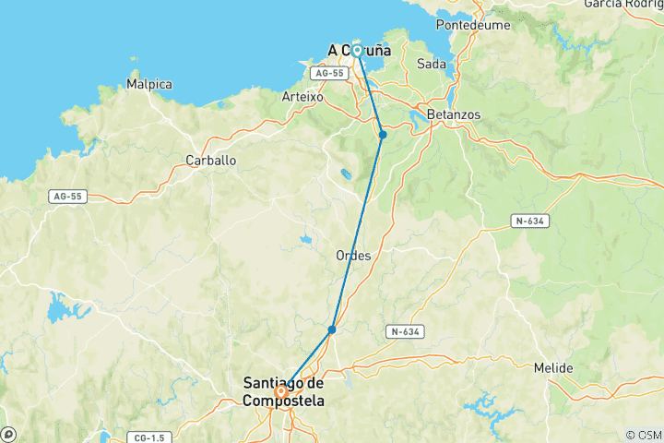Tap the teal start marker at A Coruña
tap(356, 51)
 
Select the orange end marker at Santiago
tap(279, 391)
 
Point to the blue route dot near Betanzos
tap(383, 135)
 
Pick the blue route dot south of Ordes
tap(331, 329)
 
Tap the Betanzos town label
tap(454, 114)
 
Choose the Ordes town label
tap(354, 256)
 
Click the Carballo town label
tap(211, 160)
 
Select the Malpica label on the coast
tap(149, 84)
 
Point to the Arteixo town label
tap(302, 95)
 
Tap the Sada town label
tap(432, 65)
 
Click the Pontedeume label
tap(473, 25)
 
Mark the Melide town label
tap(553, 368)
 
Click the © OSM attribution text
tap(643, 435)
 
